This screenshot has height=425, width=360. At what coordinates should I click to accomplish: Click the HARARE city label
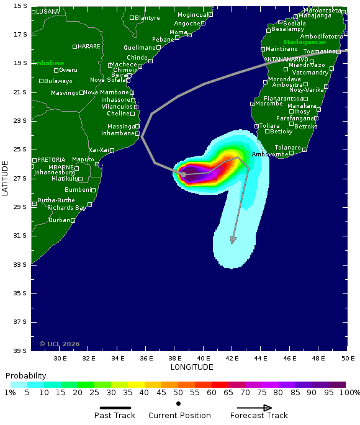pos(89,47)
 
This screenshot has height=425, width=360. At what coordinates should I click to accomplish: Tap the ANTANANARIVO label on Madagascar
pos(286,60)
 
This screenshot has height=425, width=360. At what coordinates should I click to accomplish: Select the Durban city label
pos(60,220)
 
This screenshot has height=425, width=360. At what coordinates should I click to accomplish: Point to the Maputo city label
pos(83,159)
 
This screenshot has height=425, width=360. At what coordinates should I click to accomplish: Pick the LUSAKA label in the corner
pos(48,12)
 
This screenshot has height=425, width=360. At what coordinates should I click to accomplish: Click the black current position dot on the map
pos(184,174)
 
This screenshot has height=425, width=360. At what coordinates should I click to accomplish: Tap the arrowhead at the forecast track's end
pos(233,241)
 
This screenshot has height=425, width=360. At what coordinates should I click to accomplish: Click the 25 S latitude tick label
pos(20,150)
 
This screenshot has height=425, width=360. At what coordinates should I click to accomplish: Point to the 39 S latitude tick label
pos(20,351)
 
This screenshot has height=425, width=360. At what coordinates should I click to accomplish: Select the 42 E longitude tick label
pos(232,359)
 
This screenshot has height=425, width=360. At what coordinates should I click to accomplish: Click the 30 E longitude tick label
pos(60,359)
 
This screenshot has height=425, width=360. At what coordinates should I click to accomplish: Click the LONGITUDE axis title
pos(192,367)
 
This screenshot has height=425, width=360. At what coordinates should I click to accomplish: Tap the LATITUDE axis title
pos(6,178)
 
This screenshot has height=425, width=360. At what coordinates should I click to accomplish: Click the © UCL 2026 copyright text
pos(60,344)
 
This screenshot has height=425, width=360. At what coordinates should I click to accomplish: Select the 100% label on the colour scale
pos(349,393)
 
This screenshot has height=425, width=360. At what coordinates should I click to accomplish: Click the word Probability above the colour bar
pos(25,376)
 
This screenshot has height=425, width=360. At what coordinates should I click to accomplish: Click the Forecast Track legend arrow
pos(251,408)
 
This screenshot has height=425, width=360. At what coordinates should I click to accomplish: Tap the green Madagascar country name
pos(305,42)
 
